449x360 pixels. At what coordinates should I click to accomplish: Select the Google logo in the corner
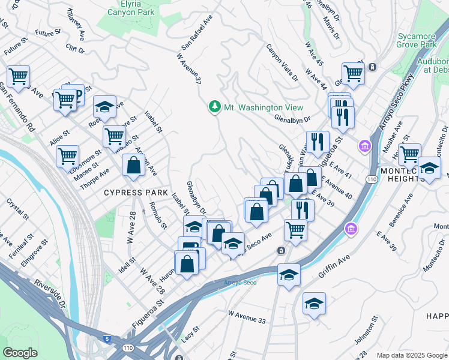20,353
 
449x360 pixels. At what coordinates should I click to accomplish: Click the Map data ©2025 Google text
411,355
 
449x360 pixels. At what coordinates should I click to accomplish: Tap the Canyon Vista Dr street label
282,62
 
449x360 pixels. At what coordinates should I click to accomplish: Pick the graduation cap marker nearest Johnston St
314,304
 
